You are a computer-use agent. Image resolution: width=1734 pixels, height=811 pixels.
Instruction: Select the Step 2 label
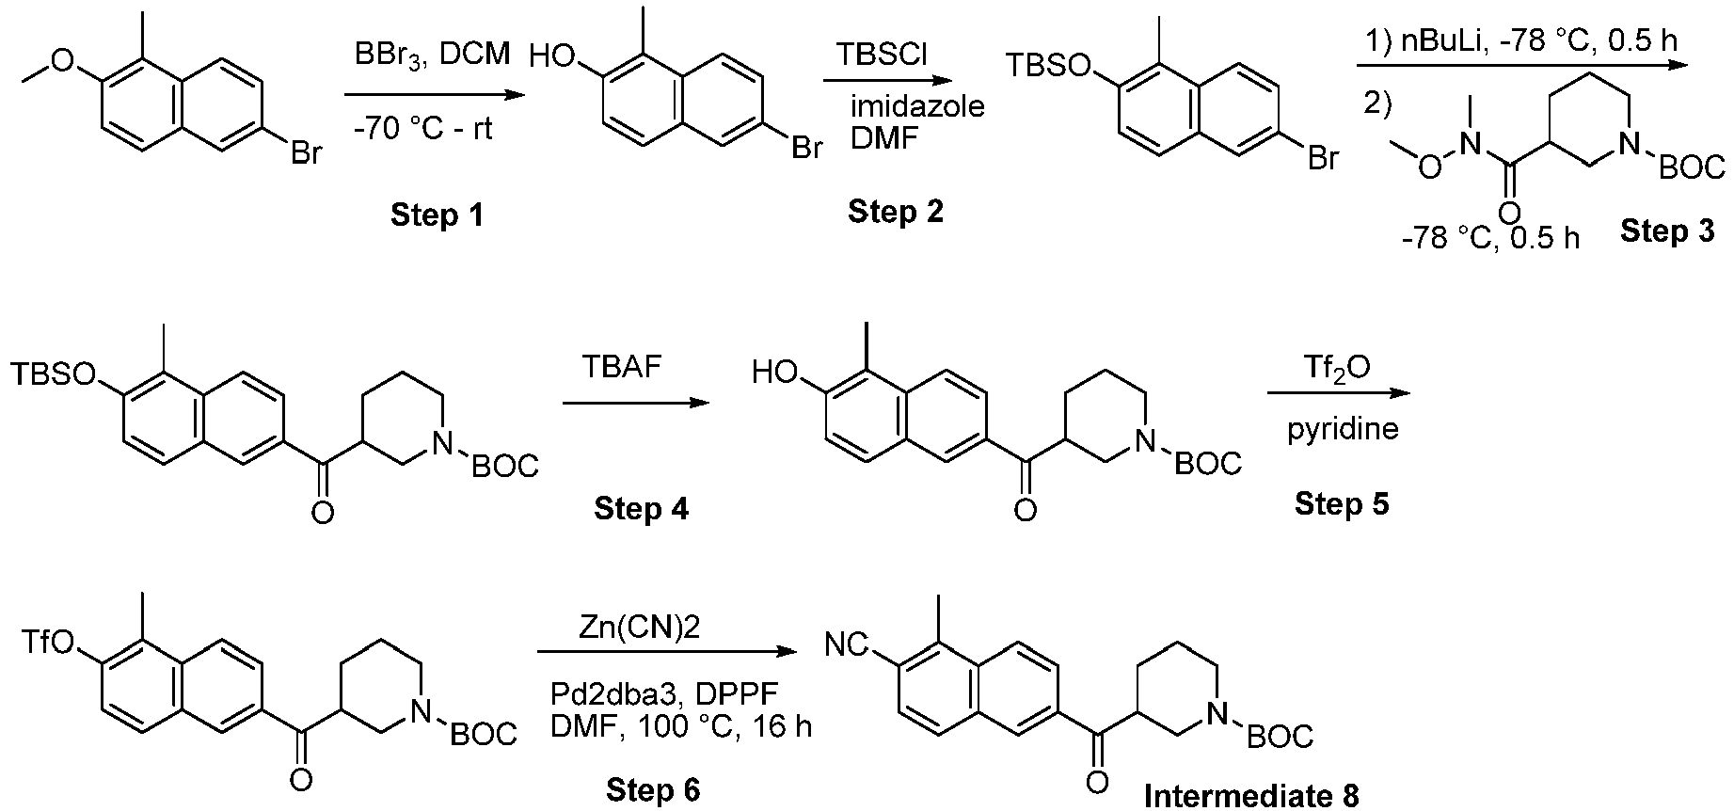(895, 212)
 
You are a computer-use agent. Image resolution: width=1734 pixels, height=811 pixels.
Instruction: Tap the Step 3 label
(1667, 231)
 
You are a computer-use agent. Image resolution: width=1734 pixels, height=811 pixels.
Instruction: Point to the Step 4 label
(641, 509)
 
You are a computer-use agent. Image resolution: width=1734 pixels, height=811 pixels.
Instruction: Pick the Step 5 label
(1341, 503)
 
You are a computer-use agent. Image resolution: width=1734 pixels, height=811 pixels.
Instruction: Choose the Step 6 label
(653, 790)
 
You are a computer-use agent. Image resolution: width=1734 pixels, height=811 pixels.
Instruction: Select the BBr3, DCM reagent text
(433, 56)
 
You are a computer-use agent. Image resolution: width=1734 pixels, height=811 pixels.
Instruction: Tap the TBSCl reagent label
(882, 56)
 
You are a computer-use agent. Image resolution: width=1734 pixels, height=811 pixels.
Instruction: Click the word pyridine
(1343, 429)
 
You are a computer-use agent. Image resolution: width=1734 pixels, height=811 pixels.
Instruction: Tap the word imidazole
(917, 105)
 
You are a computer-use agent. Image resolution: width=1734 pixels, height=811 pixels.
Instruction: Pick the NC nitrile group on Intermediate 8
(844, 645)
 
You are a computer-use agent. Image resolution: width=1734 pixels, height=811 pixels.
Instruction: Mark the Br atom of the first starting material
(306, 151)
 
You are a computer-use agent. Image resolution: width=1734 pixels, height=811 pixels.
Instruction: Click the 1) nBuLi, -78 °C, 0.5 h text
(1520, 41)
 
